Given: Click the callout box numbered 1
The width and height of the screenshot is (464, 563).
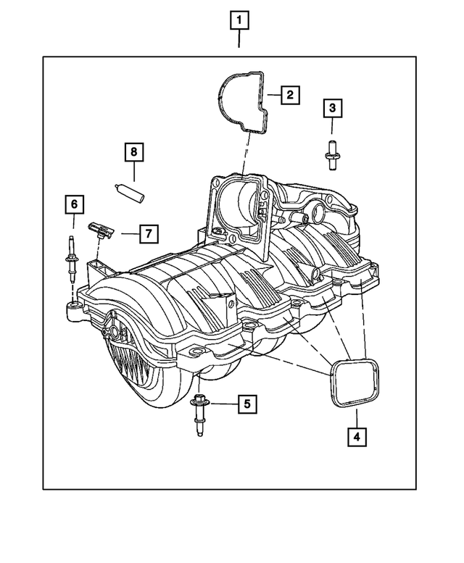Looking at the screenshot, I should [240, 21].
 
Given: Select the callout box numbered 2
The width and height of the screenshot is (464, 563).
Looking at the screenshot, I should [289, 94].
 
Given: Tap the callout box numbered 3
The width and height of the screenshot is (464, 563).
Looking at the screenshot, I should [332, 109].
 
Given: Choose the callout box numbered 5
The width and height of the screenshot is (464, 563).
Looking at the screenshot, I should [246, 404].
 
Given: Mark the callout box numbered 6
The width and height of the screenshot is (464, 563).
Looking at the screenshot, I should [73, 205].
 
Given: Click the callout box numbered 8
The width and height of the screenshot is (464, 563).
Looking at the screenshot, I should [134, 152].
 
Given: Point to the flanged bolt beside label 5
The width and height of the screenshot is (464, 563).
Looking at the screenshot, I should [200, 414].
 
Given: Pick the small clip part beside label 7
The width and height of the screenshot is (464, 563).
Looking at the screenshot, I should [99, 231].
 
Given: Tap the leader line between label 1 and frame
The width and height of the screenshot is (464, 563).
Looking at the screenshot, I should [240, 43].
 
